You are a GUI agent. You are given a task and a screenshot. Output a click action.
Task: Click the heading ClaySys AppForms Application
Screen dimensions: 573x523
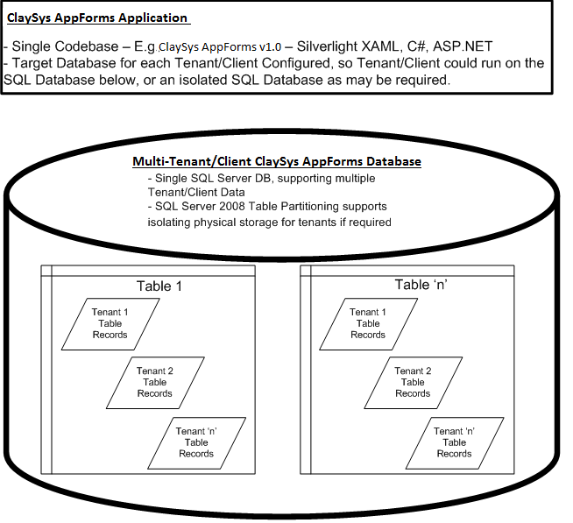tap(97, 18)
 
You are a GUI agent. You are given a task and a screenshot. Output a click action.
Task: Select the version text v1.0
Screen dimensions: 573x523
tap(271, 47)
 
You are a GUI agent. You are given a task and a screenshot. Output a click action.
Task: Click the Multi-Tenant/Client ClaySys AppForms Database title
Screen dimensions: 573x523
tap(277, 161)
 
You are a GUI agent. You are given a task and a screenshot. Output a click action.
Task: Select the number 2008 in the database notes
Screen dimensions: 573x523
tap(232, 207)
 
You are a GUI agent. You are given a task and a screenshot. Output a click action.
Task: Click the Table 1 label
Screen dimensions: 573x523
tap(159, 286)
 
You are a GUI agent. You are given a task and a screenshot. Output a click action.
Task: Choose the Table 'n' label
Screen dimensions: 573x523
tap(421, 285)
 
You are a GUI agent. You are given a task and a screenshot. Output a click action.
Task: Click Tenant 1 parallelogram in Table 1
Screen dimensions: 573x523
tap(110, 324)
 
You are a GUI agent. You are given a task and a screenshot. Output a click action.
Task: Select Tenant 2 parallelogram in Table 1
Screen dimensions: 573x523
tap(155, 383)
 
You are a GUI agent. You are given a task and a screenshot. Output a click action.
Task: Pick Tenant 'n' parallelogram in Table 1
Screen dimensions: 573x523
tap(196, 443)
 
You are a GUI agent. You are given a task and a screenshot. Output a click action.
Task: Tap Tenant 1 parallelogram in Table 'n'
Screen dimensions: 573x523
tap(368, 324)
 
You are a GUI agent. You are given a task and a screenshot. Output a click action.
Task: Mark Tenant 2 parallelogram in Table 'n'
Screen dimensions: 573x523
tap(414, 383)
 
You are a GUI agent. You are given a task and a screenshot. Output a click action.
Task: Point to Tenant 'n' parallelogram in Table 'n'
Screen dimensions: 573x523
tap(455, 443)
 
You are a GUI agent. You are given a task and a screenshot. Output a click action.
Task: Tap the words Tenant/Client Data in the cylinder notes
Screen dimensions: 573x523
tap(196, 192)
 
